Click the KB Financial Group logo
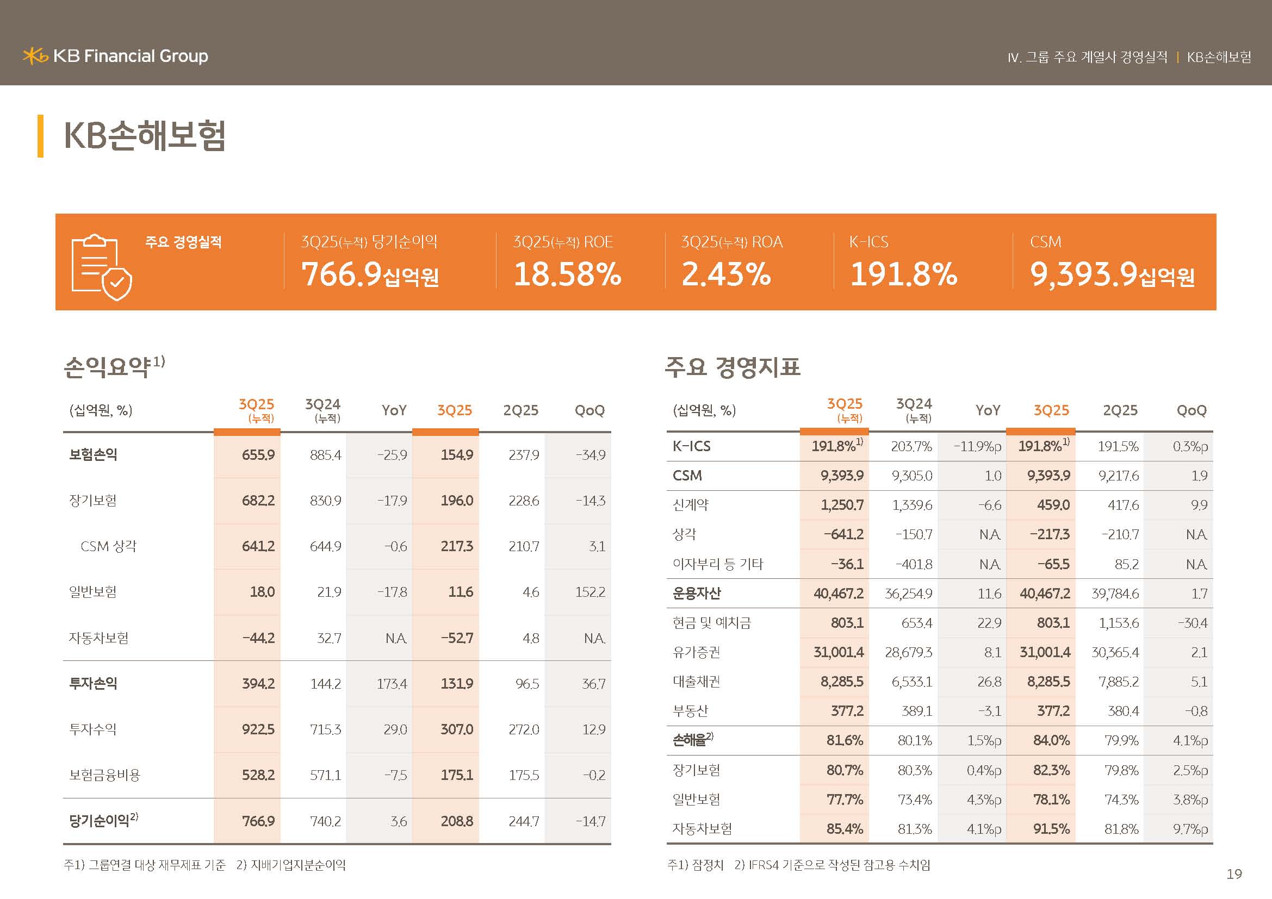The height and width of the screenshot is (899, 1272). click(115, 57)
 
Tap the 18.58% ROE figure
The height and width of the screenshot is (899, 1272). click(567, 274)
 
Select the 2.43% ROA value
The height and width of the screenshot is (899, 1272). click(726, 274)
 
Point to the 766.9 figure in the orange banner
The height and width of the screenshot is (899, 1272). click(342, 274)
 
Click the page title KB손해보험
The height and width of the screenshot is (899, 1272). click(145, 136)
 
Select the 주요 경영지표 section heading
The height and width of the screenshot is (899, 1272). click(733, 366)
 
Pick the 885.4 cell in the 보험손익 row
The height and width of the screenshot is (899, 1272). click(325, 455)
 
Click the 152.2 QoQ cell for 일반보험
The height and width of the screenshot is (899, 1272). click(590, 592)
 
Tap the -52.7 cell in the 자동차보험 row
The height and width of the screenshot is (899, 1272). click(456, 638)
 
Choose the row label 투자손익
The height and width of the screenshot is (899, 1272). click(93, 684)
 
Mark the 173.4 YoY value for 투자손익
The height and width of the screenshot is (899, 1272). click(392, 684)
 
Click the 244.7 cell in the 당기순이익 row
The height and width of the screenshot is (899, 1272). click(524, 821)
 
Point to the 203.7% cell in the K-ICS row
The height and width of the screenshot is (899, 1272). click(911, 447)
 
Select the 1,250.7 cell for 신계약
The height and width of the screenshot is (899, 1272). click(841, 505)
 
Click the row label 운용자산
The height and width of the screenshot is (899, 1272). click(697, 594)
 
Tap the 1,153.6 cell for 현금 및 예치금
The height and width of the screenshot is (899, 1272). click(1119, 623)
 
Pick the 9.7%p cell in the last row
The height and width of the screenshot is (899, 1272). click(1190, 829)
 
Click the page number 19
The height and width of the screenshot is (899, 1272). click(1234, 874)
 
